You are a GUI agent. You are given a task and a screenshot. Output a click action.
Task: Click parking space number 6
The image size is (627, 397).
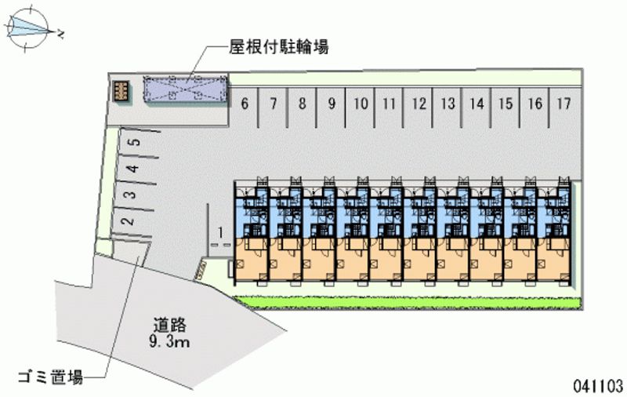click(x=245, y=103)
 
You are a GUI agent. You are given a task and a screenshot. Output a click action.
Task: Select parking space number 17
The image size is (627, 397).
click(x=564, y=103)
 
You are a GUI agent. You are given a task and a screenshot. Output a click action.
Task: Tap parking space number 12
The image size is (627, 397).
click(x=419, y=103)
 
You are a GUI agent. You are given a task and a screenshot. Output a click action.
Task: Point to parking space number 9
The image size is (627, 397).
click(x=332, y=103)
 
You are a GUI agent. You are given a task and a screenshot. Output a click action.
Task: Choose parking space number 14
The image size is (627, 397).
click(x=477, y=103)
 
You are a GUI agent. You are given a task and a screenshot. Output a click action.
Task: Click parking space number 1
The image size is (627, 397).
click(x=221, y=232)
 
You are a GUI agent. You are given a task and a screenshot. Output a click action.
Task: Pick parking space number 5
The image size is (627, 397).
click(x=135, y=143)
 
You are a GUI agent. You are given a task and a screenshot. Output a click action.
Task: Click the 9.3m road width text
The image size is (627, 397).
click(x=170, y=343)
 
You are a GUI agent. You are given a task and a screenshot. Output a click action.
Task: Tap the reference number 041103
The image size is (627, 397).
click(x=597, y=385)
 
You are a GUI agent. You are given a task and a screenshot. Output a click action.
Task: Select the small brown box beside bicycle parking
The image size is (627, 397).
click(x=121, y=90)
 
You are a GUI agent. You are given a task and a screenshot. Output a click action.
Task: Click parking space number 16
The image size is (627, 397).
click(x=535, y=103)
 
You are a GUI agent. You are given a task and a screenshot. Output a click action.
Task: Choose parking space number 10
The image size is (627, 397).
click(x=361, y=103)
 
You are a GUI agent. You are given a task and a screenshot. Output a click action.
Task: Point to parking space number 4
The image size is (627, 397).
click(x=134, y=168)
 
